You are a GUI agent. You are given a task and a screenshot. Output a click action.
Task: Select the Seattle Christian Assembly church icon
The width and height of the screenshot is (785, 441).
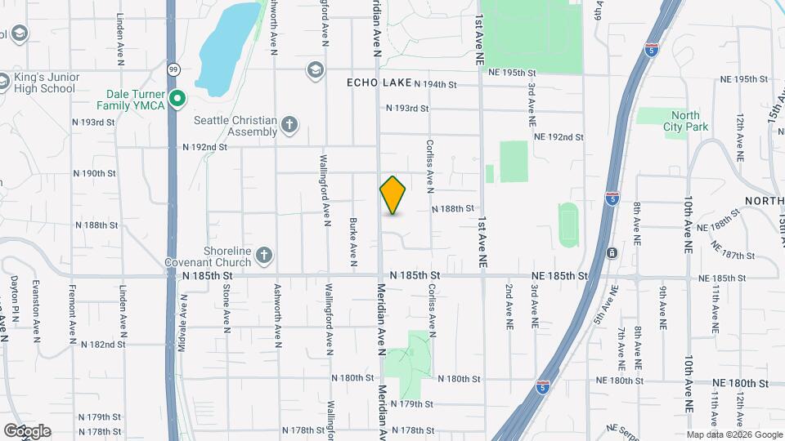(289, 125)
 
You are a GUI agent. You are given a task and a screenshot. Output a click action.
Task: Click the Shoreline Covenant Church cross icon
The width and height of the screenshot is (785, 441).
(263, 256)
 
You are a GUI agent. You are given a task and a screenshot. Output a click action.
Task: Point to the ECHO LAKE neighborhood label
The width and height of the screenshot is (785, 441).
(378, 83)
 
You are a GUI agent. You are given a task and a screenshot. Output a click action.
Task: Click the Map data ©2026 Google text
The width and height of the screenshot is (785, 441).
(735, 434)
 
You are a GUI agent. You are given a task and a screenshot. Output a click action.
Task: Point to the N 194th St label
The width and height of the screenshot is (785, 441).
(446, 84)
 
